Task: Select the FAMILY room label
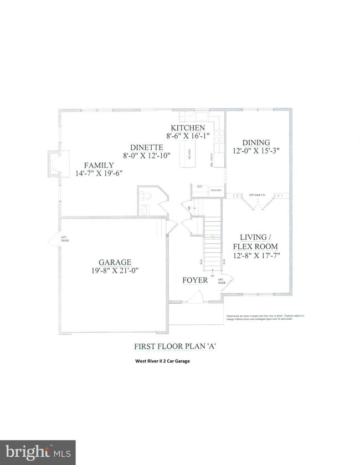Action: [99, 165]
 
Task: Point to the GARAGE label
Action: [115, 262]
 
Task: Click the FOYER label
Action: [195, 280]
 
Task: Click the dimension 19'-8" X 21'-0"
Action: [115, 271]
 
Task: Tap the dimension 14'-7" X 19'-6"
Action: [99, 173]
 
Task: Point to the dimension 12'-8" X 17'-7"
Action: [255, 256]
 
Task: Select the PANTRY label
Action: [215, 190]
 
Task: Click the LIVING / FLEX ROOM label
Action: [255, 241]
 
